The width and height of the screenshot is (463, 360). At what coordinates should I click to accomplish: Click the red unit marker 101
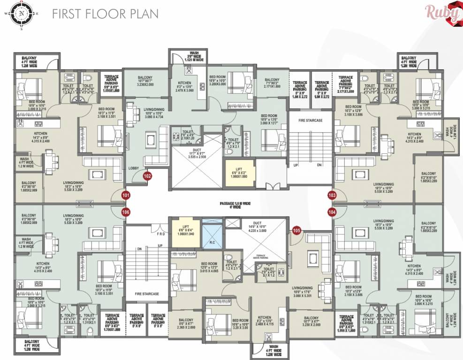click(x=126, y=195)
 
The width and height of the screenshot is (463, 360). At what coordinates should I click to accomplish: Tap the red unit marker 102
click(x=147, y=176)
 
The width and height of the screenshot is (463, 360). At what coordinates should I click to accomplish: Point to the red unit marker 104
click(x=333, y=211)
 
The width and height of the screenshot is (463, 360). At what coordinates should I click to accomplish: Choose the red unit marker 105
click(x=296, y=230)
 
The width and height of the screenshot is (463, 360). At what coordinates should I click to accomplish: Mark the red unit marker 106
click(x=126, y=211)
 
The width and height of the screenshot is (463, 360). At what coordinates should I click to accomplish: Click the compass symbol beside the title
click(x=21, y=14)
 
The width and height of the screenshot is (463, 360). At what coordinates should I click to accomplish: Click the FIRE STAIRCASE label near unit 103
click(x=310, y=120)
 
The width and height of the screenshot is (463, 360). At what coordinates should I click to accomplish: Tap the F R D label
click(x=161, y=233)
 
